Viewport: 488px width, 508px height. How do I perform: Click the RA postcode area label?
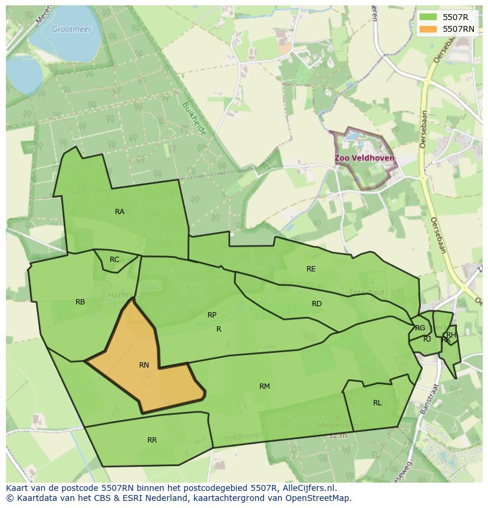[x=120, y=212]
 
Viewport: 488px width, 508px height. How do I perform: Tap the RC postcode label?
[x=114, y=260]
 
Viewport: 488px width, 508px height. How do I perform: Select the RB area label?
[x=80, y=302]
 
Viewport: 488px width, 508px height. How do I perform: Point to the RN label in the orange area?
[x=144, y=365]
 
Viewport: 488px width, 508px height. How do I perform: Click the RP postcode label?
[x=212, y=315]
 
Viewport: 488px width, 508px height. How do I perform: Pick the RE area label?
[x=311, y=269]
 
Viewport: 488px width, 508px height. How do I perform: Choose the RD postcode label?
[x=316, y=304]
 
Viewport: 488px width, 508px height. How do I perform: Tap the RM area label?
[x=265, y=386]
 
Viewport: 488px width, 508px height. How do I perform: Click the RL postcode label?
[x=377, y=403]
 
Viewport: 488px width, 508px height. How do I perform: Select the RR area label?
[x=152, y=440]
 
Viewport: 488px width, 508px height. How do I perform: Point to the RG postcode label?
[x=420, y=328]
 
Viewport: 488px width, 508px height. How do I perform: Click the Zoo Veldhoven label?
[x=364, y=159]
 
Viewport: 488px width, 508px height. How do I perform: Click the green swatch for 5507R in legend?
[x=428, y=17]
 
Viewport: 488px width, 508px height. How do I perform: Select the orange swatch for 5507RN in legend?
[x=428, y=29]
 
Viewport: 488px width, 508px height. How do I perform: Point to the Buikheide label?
[x=194, y=119]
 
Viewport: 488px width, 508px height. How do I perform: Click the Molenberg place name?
[x=338, y=425]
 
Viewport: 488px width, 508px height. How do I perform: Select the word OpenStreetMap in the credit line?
[x=320, y=498]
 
